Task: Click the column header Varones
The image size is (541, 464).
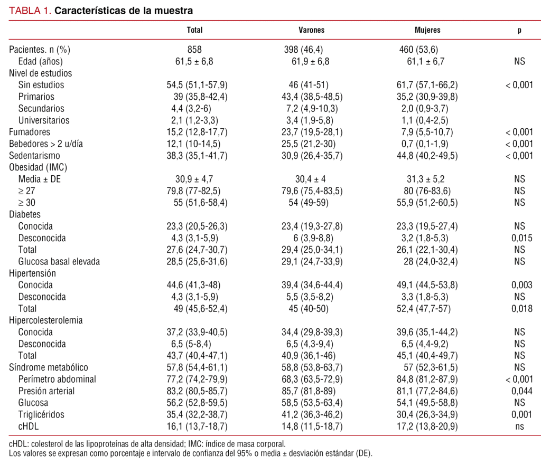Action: [x=312, y=30]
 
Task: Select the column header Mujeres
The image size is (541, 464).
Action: [x=427, y=30]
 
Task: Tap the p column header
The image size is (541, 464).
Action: [x=519, y=30]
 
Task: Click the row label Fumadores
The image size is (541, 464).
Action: [x=30, y=132]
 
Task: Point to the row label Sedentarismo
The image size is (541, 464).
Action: [x=35, y=156]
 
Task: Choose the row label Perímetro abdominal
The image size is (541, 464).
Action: [x=57, y=379]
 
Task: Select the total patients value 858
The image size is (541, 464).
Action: [x=195, y=50]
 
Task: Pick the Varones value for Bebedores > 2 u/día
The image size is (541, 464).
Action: [x=312, y=144]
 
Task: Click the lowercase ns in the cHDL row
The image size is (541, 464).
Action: [x=519, y=427]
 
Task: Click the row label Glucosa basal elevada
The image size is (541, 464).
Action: [x=59, y=261]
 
